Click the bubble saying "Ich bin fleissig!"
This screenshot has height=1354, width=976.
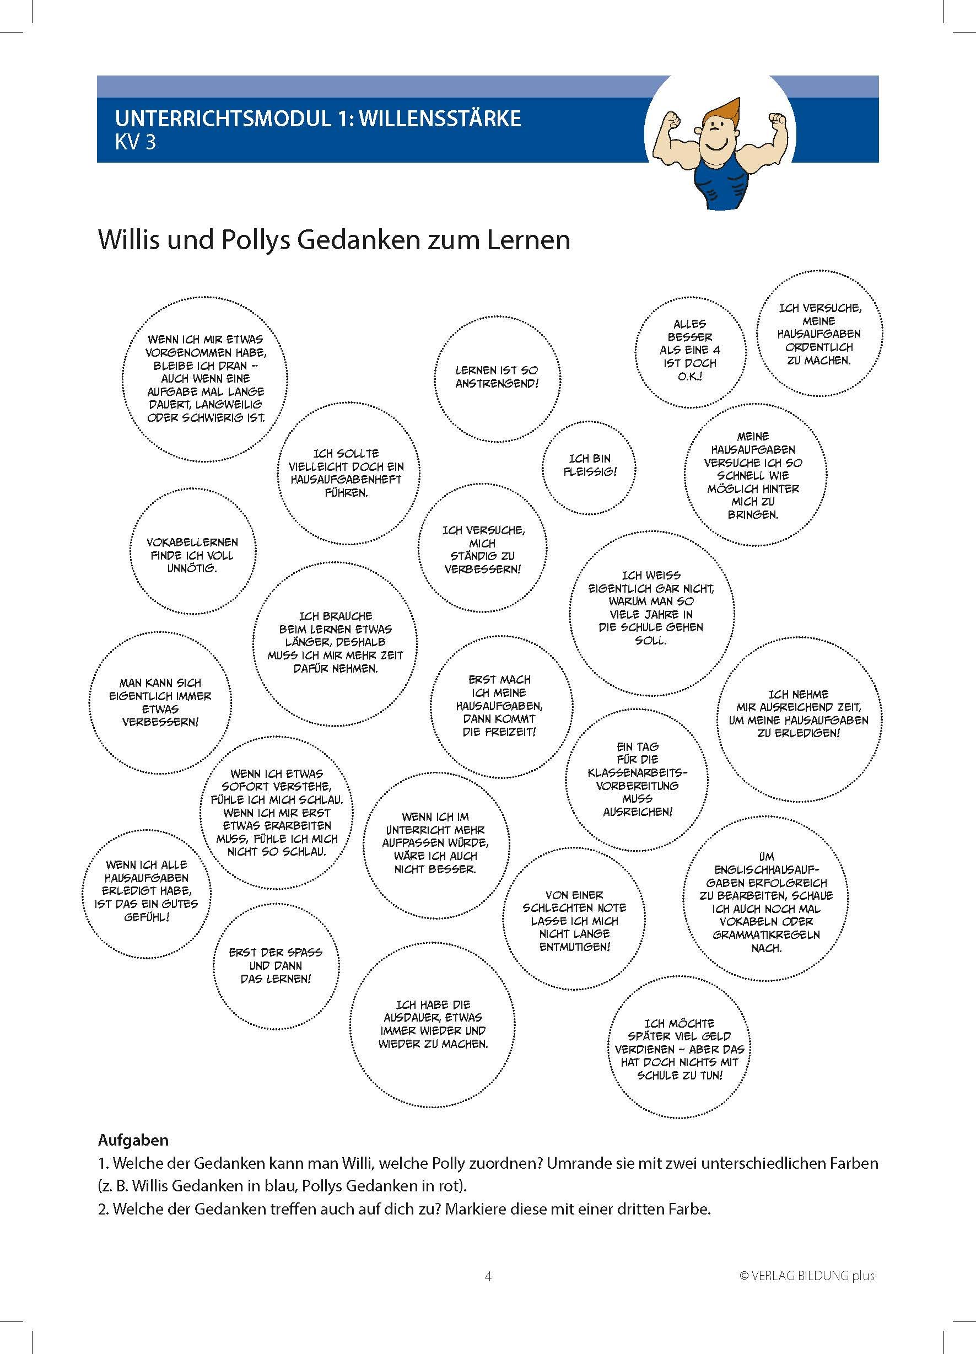pyautogui.click(x=589, y=465)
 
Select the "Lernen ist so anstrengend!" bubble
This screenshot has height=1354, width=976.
pyautogui.click(x=497, y=377)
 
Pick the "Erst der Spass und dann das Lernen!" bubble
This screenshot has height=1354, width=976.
pyautogui.click(x=276, y=965)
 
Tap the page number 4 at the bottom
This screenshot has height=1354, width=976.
pyautogui.click(x=488, y=1276)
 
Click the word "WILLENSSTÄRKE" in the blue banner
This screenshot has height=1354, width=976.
pyautogui.click(x=440, y=118)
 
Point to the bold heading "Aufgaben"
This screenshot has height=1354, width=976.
pyautogui.click(x=133, y=1140)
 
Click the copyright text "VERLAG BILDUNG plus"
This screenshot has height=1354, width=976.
pyautogui.click(x=812, y=1276)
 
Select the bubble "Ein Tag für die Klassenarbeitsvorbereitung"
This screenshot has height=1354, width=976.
pyautogui.click(x=637, y=779)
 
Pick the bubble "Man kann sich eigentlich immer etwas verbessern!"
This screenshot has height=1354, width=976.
pyautogui.click(x=160, y=702)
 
